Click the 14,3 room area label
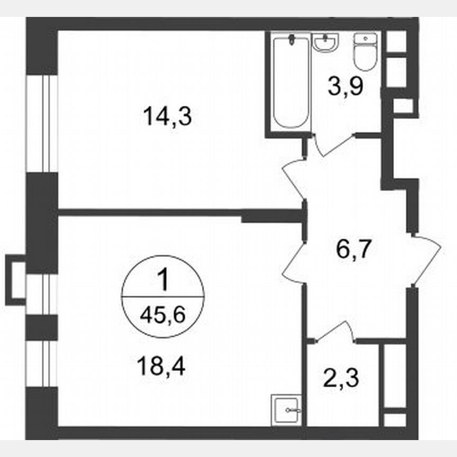pyautogui.click(x=167, y=116)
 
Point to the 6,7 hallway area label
pyautogui.click(x=353, y=248)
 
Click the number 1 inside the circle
pyautogui.click(x=163, y=281)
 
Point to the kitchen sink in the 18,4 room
pyautogui.click(x=286, y=409)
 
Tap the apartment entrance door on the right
pyautogui.click(x=426, y=259)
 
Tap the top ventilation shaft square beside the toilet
pyautogui.click(x=396, y=41)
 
